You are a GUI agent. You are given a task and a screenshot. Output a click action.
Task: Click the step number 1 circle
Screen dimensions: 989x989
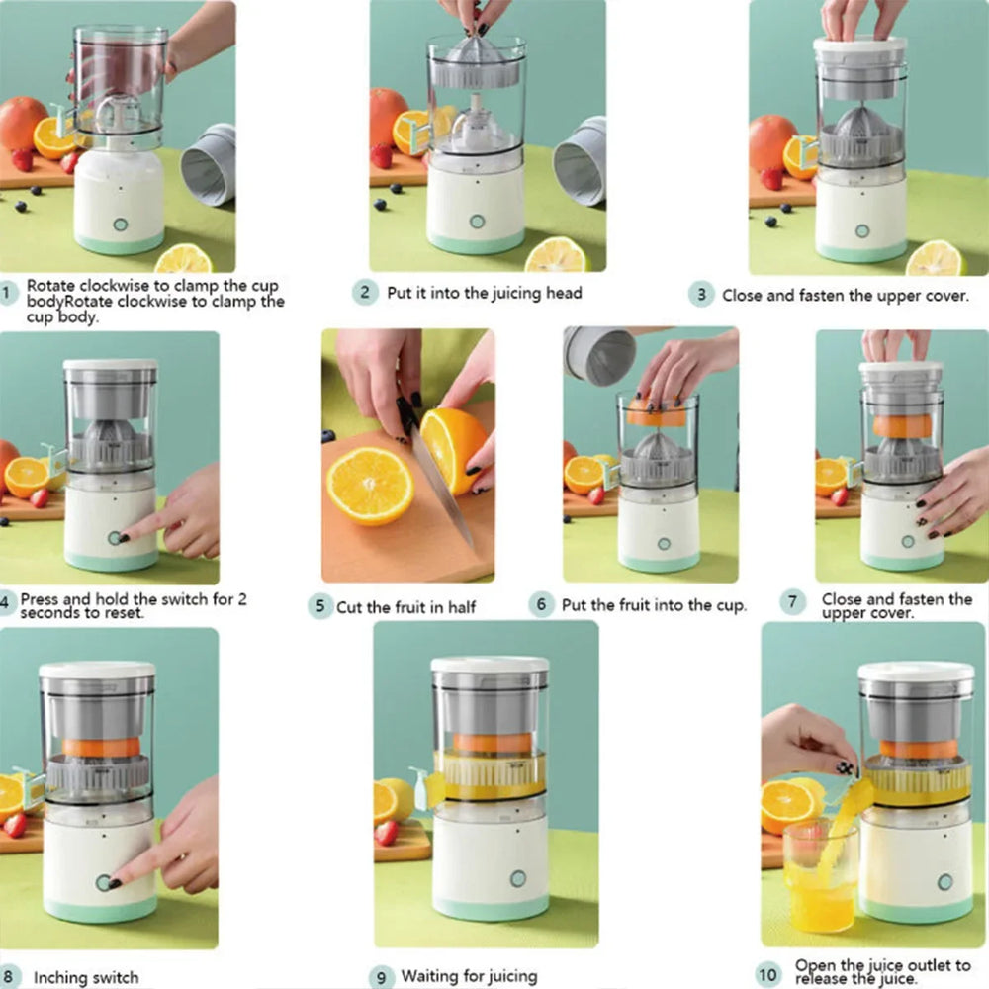click(x=9, y=293)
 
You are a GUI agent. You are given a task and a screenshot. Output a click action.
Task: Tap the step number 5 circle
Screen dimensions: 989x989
click(x=318, y=606)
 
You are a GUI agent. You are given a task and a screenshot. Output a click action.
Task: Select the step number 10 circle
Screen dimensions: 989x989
click(x=767, y=974)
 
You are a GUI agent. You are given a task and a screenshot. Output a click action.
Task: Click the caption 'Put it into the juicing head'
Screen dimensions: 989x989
click(x=485, y=293)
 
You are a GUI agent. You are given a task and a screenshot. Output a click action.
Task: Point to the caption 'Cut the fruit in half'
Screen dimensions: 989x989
click(x=406, y=607)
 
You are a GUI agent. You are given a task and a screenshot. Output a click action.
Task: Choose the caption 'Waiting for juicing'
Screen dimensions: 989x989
click(x=469, y=977)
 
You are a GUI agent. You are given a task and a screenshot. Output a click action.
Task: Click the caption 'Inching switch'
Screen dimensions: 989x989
click(x=86, y=977)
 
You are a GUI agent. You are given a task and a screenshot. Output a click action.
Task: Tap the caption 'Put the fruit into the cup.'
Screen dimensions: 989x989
click(x=654, y=605)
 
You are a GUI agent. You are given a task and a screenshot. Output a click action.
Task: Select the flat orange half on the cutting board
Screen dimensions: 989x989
click(x=370, y=486)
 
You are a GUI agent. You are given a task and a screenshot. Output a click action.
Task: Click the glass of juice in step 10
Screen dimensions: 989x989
click(x=819, y=875)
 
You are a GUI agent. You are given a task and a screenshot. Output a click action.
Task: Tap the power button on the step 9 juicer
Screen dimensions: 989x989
click(x=517, y=878)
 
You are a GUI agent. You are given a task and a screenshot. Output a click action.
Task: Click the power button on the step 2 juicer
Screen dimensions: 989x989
click(x=478, y=222)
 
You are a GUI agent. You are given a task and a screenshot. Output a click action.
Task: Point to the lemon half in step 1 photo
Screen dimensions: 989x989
click(x=184, y=259)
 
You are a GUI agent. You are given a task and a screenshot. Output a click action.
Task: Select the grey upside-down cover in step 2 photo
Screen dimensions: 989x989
click(x=581, y=160)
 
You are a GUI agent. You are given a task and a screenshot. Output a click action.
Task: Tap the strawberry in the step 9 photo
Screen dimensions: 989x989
click(x=387, y=832)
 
